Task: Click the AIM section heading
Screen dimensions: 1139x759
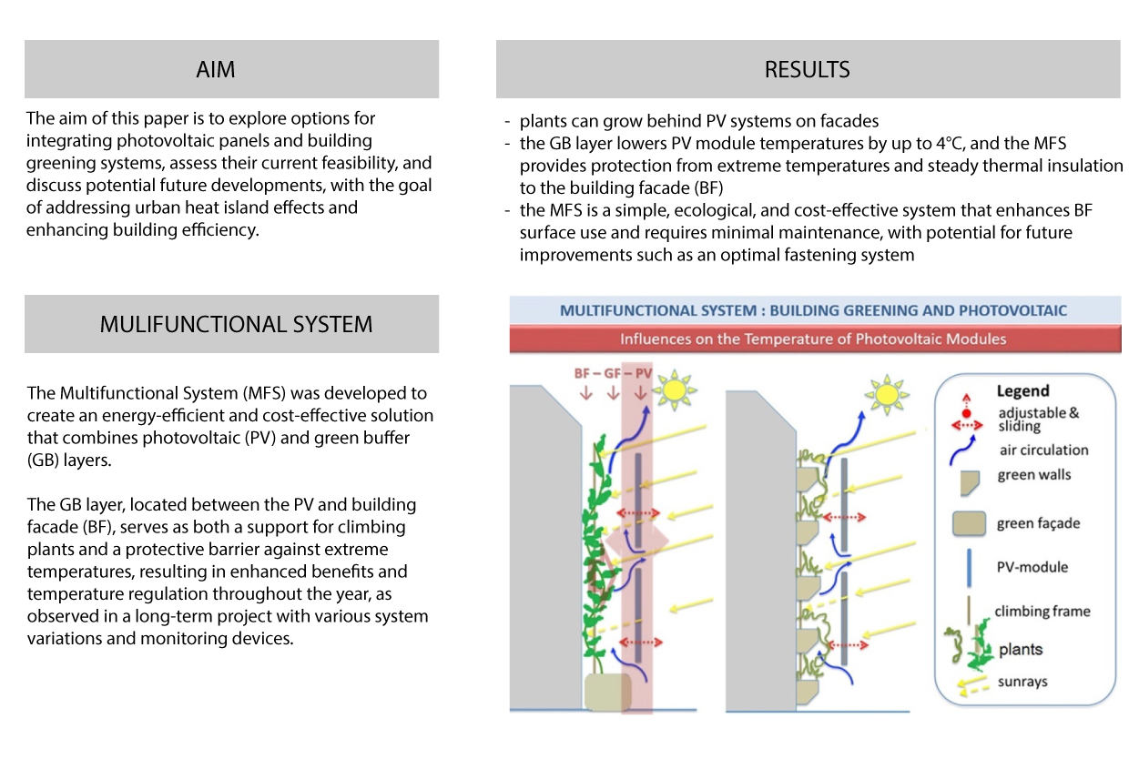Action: point(216,70)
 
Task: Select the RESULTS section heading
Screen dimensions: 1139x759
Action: point(807,70)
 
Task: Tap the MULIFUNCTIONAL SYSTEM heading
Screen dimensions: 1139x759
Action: point(236,324)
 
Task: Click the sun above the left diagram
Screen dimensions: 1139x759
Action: point(675,390)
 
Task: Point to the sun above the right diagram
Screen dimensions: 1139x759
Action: point(887,394)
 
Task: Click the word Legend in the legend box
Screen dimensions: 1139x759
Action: point(1022,391)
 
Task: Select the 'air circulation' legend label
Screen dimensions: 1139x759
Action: point(1043,450)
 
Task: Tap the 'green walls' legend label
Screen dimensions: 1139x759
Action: point(1033,475)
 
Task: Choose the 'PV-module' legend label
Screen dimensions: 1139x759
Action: point(1032,567)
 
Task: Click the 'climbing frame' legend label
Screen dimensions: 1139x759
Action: point(1042,611)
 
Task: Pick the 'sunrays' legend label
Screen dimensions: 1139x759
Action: point(1022,682)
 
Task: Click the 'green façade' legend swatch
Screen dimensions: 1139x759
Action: point(969,523)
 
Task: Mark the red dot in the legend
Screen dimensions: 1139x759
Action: point(967,414)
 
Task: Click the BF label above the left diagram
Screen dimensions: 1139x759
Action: point(582,374)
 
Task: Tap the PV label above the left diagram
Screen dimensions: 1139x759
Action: point(643,374)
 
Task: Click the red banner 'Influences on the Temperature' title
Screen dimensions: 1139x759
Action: point(812,339)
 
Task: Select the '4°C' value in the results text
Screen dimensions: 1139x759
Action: point(949,144)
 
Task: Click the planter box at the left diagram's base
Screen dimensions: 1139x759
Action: point(607,692)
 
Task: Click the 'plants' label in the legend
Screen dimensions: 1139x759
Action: point(1021,650)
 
